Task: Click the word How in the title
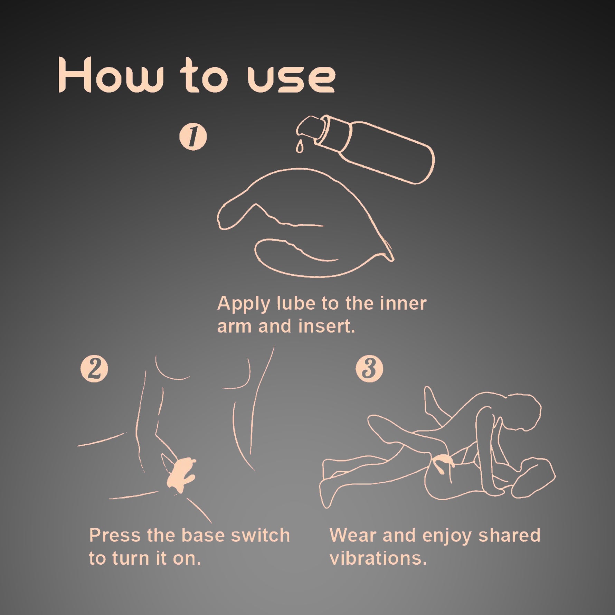(x=110, y=75)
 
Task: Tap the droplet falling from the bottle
(x=299, y=146)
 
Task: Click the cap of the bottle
(x=310, y=130)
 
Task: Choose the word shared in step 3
(x=510, y=536)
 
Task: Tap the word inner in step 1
(x=403, y=303)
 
